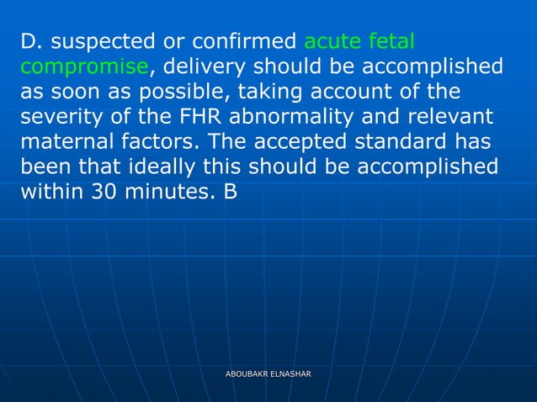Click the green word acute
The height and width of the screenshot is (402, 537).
333,41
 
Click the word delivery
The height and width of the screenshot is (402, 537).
203,66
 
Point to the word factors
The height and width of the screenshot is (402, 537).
162,141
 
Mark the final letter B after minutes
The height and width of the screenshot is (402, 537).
230,192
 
